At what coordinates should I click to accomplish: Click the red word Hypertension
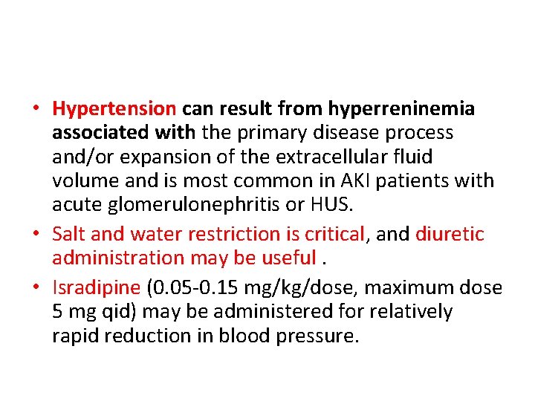114,109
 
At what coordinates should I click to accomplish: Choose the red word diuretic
449,235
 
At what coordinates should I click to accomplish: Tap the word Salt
68,235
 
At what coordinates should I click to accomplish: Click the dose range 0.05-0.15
197,288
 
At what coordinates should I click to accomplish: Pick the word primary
268,133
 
